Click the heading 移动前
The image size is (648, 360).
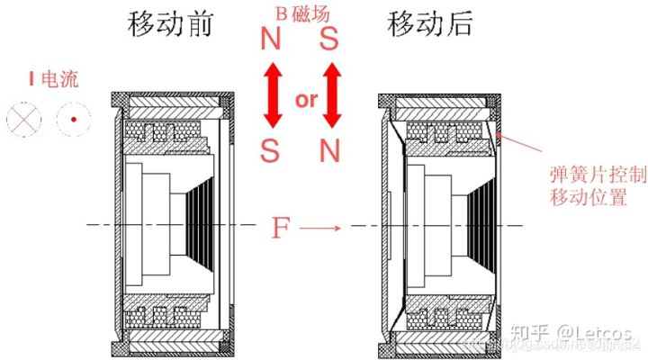pos(171,24)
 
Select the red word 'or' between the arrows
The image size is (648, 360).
pos(306,99)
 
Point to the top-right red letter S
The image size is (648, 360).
pos(329,40)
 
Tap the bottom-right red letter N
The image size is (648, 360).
pos(330,149)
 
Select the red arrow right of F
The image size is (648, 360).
pos(320,229)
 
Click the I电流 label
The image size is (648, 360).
pos(53,80)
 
